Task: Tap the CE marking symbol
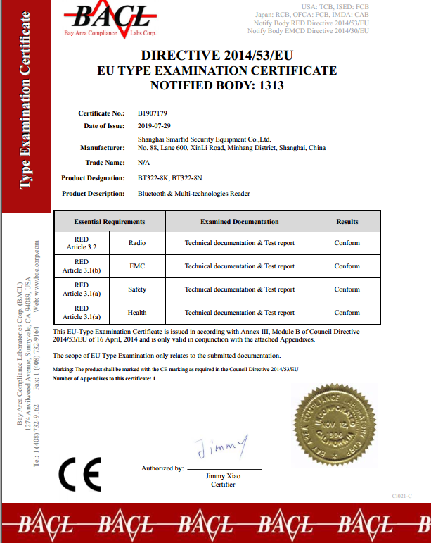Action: tap(80, 474)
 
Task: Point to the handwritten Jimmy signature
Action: tap(221, 446)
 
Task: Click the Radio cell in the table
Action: tap(137, 243)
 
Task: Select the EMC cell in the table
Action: tap(137, 266)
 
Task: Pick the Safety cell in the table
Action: tap(137, 289)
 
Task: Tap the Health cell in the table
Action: tap(137, 313)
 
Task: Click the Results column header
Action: tap(347, 221)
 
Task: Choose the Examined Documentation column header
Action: tap(239, 221)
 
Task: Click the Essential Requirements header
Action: tap(109, 221)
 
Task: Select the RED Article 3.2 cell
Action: tap(82, 243)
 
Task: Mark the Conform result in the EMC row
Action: tap(347, 266)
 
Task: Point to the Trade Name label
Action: tap(105, 163)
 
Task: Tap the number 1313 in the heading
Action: tap(270, 86)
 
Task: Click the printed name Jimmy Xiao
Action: tap(223, 476)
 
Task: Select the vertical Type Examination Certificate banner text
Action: tap(25, 101)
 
